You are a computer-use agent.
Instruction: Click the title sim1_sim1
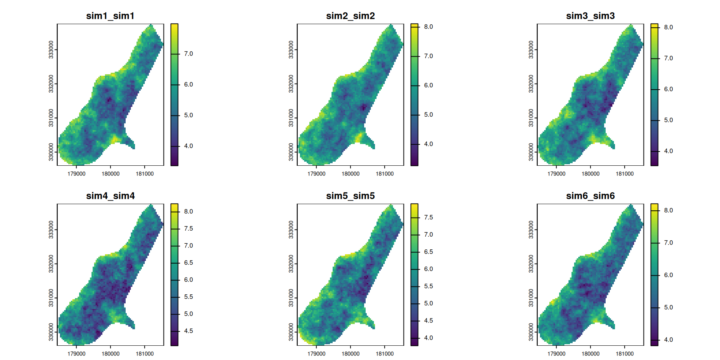point(110,16)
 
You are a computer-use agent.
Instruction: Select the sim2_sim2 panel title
point(350,16)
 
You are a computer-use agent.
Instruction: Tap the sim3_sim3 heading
point(590,16)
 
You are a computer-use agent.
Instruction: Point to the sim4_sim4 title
point(110,196)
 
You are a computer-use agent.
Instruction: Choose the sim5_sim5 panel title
point(350,196)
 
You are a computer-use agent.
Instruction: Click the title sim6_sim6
point(590,196)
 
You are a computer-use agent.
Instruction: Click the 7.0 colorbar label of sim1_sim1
point(188,54)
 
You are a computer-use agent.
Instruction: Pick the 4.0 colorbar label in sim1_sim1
point(188,146)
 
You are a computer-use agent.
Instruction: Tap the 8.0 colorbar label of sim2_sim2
point(428,27)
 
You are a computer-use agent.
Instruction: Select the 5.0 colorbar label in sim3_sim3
point(668,120)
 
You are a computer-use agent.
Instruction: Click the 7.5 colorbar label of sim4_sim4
point(188,229)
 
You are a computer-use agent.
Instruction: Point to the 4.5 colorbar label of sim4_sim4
point(188,331)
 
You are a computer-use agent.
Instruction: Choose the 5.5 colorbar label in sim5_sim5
point(428,286)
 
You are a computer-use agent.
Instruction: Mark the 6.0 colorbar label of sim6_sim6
point(668,275)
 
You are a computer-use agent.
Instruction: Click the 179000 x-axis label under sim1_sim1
point(76,174)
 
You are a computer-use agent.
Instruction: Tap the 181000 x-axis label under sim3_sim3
point(624,174)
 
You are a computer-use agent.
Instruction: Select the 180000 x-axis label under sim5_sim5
point(350,354)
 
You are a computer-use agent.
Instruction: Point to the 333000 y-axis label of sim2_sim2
point(291,49)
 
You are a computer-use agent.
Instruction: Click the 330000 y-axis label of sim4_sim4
point(51,332)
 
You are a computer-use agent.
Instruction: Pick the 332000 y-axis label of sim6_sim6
point(531,264)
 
